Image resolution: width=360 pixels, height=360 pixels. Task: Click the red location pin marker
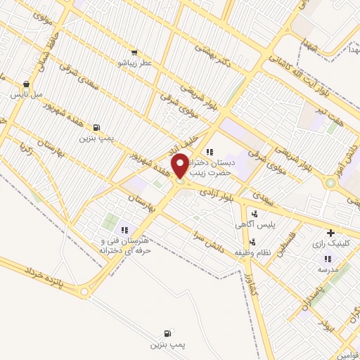coord(180,166)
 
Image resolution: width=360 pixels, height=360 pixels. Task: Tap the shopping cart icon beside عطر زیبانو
coord(134,52)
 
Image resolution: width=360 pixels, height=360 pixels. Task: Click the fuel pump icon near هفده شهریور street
coord(96,128)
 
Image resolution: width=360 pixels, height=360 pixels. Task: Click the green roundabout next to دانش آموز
coord(330,183)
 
